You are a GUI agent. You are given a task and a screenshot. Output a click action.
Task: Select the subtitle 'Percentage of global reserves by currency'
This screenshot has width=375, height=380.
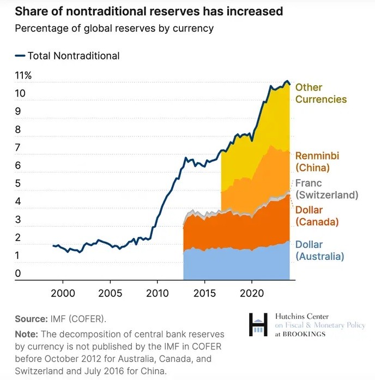point(114,28)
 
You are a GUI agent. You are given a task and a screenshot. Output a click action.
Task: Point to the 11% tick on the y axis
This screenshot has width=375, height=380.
point(23,76)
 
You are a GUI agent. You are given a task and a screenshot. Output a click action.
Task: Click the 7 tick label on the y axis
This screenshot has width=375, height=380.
point(18,147)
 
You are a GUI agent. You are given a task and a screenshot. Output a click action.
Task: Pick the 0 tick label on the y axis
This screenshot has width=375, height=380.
point(18,274)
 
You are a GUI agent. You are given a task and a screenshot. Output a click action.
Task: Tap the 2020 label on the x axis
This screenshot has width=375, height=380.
point(252,293)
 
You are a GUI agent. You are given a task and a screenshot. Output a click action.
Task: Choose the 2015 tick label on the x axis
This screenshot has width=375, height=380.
point(205,293)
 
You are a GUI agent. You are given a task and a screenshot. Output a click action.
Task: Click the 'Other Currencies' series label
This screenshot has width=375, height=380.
point(321,93)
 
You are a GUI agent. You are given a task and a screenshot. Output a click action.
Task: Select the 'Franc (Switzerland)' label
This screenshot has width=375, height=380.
point(326,189)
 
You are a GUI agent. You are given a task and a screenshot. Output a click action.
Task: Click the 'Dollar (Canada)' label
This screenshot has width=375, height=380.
point(317,216)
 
